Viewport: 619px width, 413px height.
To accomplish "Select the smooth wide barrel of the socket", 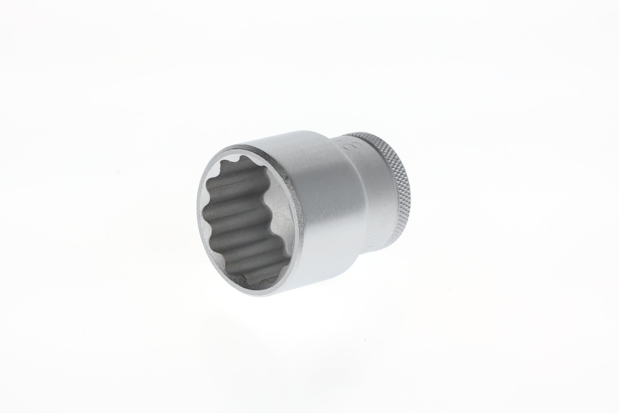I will [x=319, y=203].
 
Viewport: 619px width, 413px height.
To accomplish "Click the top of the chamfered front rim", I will [x=242, y=147].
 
